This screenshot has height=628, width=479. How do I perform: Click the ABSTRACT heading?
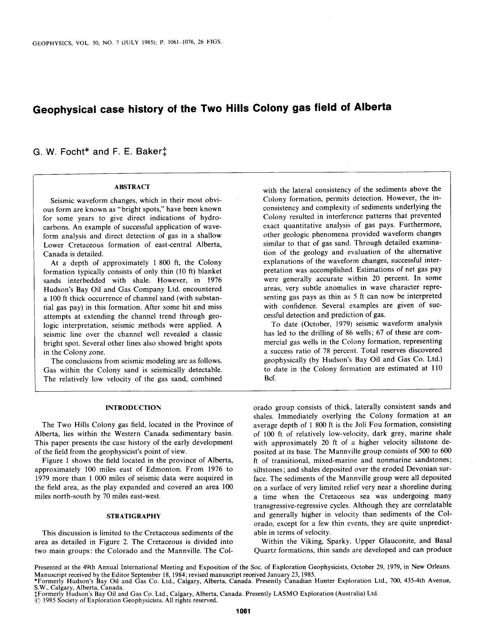pyautogui.click(x=132, y=187)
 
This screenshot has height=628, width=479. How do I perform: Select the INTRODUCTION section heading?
pyautogui.click(x=133, y=408)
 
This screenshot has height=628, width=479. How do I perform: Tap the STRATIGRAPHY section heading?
pyautogui.click(x=133, y=516)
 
